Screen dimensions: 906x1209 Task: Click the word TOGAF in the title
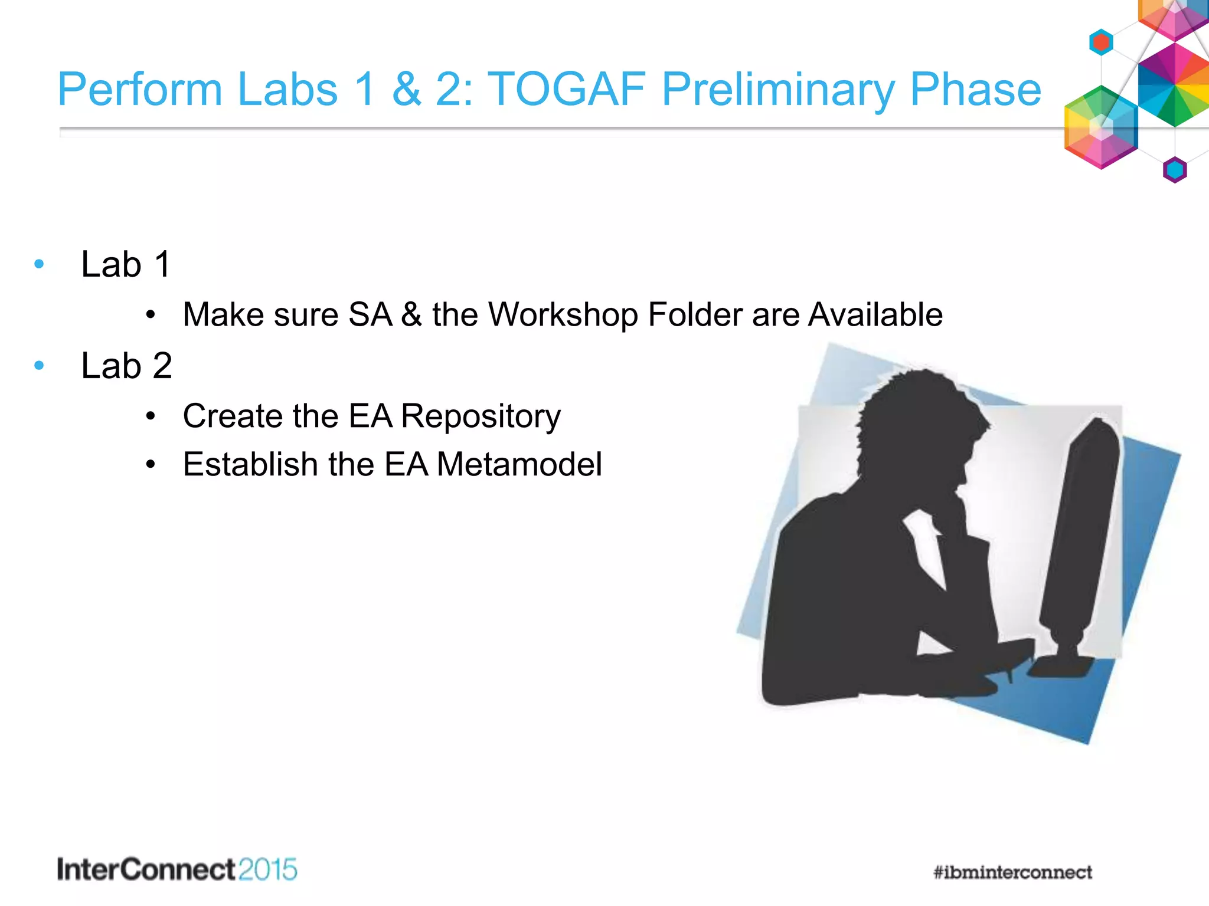(x=567, y=89)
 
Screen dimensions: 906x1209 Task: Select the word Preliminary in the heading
(x=778, y=90)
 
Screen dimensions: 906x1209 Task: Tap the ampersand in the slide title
(x=407, y=89)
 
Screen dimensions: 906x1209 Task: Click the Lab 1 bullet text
(x=126, y=264)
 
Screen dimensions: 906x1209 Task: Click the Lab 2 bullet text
(x=126, y=366)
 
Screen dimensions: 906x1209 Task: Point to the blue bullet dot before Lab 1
(x=40, y=264)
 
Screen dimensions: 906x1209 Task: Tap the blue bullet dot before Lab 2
(x=40, y=366)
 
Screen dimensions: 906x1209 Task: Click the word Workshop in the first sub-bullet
(x=563, y=314)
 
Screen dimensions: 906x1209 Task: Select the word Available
(x=875, y=314)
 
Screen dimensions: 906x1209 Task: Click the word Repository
(x=481, y=416)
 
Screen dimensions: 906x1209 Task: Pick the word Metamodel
(x=519, y=464)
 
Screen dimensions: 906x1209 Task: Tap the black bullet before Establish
(x=151, y=465)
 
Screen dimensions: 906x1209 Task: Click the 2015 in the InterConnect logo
(x=268, y=870)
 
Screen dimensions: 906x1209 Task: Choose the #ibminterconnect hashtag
(x=1012, y=872)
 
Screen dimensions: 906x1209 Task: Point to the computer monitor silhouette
(x=1080, y=531)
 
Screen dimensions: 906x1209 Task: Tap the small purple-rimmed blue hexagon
(x=1175, y=170)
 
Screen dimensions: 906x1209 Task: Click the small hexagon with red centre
(x=1101, y=42)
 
